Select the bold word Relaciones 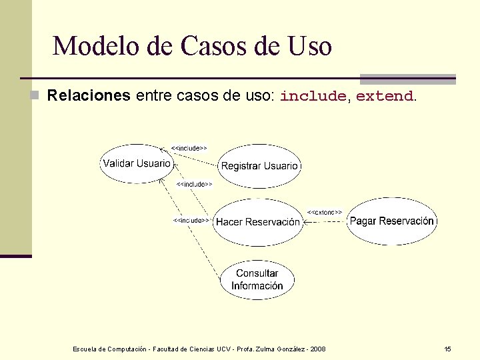(89, 95)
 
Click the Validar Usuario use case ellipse (137, 163)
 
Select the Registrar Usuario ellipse (259, 165)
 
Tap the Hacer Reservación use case (258, 222)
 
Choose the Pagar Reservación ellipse (392, 221)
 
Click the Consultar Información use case (257, 279)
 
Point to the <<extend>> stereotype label (325, 212)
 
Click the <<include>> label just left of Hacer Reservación (191, 220)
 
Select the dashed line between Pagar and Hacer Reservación (325, 222)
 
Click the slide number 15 (447, 349)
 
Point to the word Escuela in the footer (85, 349)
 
